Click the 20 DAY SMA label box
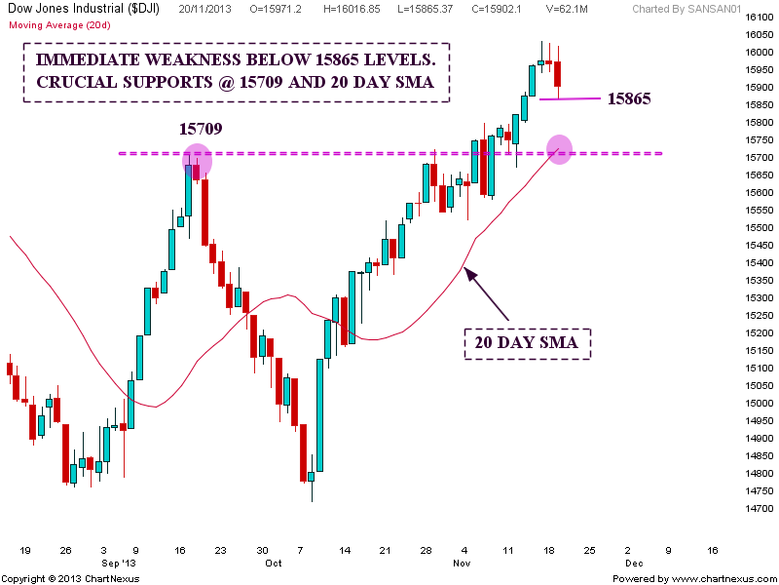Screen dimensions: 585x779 526,343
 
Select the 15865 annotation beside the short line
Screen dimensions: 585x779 629,98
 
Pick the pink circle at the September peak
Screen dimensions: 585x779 197,160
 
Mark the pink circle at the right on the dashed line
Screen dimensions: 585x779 559,149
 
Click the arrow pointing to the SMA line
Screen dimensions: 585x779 487,293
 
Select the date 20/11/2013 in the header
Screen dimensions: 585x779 206,8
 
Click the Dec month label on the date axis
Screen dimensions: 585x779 634,563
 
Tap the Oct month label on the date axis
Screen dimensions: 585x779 274,563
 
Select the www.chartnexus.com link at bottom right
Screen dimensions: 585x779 725,578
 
